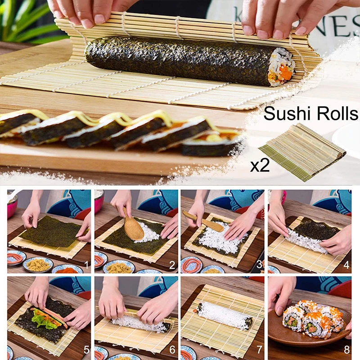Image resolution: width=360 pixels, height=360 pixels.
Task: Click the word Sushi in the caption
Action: click(x=283, y=113)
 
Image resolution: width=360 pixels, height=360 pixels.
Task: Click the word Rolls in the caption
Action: click(x=333, y=113)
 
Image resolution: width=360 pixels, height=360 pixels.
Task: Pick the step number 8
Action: click(x=346, y=350)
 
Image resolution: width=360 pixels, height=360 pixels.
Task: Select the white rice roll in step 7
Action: click(x=224, y=315)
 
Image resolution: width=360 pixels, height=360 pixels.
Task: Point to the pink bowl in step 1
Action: click(x=12, y=205)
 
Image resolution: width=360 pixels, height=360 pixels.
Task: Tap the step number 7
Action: click(x=259, y=350)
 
